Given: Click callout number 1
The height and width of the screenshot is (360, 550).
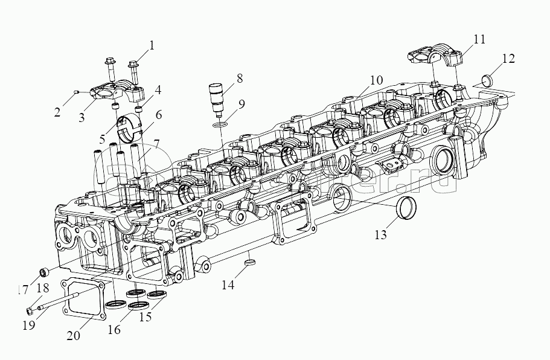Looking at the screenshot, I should click(152, 45).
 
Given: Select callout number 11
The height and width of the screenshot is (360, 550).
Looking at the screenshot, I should click(479, 40).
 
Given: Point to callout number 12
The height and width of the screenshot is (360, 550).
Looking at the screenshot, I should click(508, 59).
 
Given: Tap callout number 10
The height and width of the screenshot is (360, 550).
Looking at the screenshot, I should click(376, 80).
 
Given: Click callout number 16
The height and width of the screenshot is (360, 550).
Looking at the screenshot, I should click(115, 330).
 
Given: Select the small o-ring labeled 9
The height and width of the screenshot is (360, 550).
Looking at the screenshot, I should click(221, 124).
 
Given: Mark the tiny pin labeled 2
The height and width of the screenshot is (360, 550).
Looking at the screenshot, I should click(75, 91).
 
